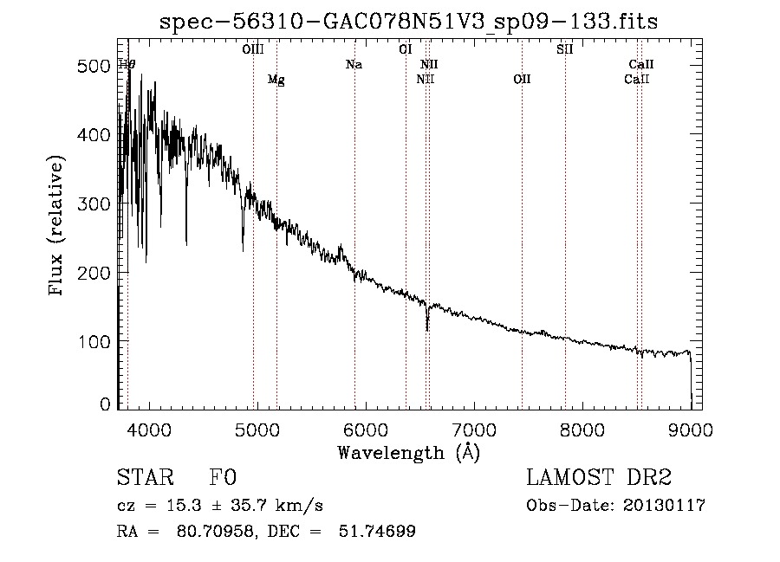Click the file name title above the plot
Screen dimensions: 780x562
pos(408,22)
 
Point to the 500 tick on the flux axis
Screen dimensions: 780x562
pos(94,66)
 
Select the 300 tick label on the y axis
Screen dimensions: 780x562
pos(94,203)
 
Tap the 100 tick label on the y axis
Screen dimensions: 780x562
pos(94,342)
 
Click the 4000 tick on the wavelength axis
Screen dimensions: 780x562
pos(149,430)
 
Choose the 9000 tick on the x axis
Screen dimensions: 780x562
pos(691,430)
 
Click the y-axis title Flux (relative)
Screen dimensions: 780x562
pos(55,225)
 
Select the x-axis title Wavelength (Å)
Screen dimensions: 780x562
pos(408,453)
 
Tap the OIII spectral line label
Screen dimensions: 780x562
pos(253,49)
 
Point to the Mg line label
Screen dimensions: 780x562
pos(276,80)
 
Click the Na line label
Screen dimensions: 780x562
pos(354,65)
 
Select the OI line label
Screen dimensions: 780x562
pos(406,49)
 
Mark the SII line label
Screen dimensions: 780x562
pos(565,49)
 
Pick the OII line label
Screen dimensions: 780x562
pos(522,79)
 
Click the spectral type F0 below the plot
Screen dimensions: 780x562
pos(223,477)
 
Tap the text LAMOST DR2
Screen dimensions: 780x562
pos(599,477)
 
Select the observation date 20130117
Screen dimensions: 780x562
pos(664,506)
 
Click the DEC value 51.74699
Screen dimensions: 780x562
pos(377,531)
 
